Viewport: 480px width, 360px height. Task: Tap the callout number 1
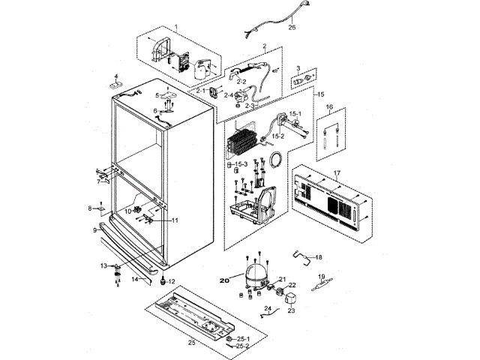pos(176,28)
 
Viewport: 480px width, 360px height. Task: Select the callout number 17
pos(337,173)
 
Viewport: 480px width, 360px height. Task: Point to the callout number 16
pos(328,107)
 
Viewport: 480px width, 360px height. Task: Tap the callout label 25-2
pos(242,346)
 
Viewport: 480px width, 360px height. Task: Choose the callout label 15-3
pos(242,164)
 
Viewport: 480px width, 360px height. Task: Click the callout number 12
pos(172,281)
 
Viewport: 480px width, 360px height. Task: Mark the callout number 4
pos(116,76)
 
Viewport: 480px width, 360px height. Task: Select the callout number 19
pos(322,277)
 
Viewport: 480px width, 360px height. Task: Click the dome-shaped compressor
pos(253,268)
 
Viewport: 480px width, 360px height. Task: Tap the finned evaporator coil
pos(248,142)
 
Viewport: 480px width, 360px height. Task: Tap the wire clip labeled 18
pos(302,256)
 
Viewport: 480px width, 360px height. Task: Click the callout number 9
pos(94,230)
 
